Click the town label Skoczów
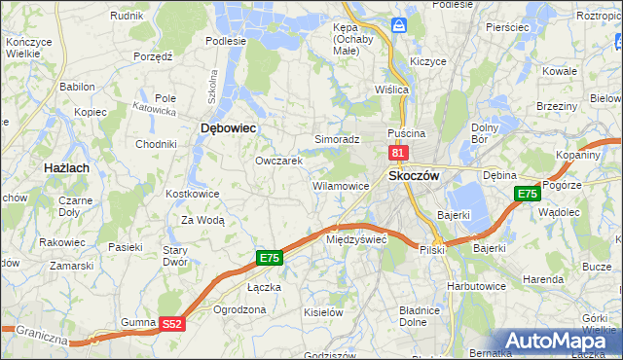415,175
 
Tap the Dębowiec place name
227,127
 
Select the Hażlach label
68,167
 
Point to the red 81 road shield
397,153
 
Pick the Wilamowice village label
340,185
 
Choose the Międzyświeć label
356,238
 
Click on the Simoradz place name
337,139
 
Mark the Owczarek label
279,161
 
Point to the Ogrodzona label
238,310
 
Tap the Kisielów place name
323,312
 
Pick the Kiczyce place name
428,60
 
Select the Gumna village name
138,321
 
